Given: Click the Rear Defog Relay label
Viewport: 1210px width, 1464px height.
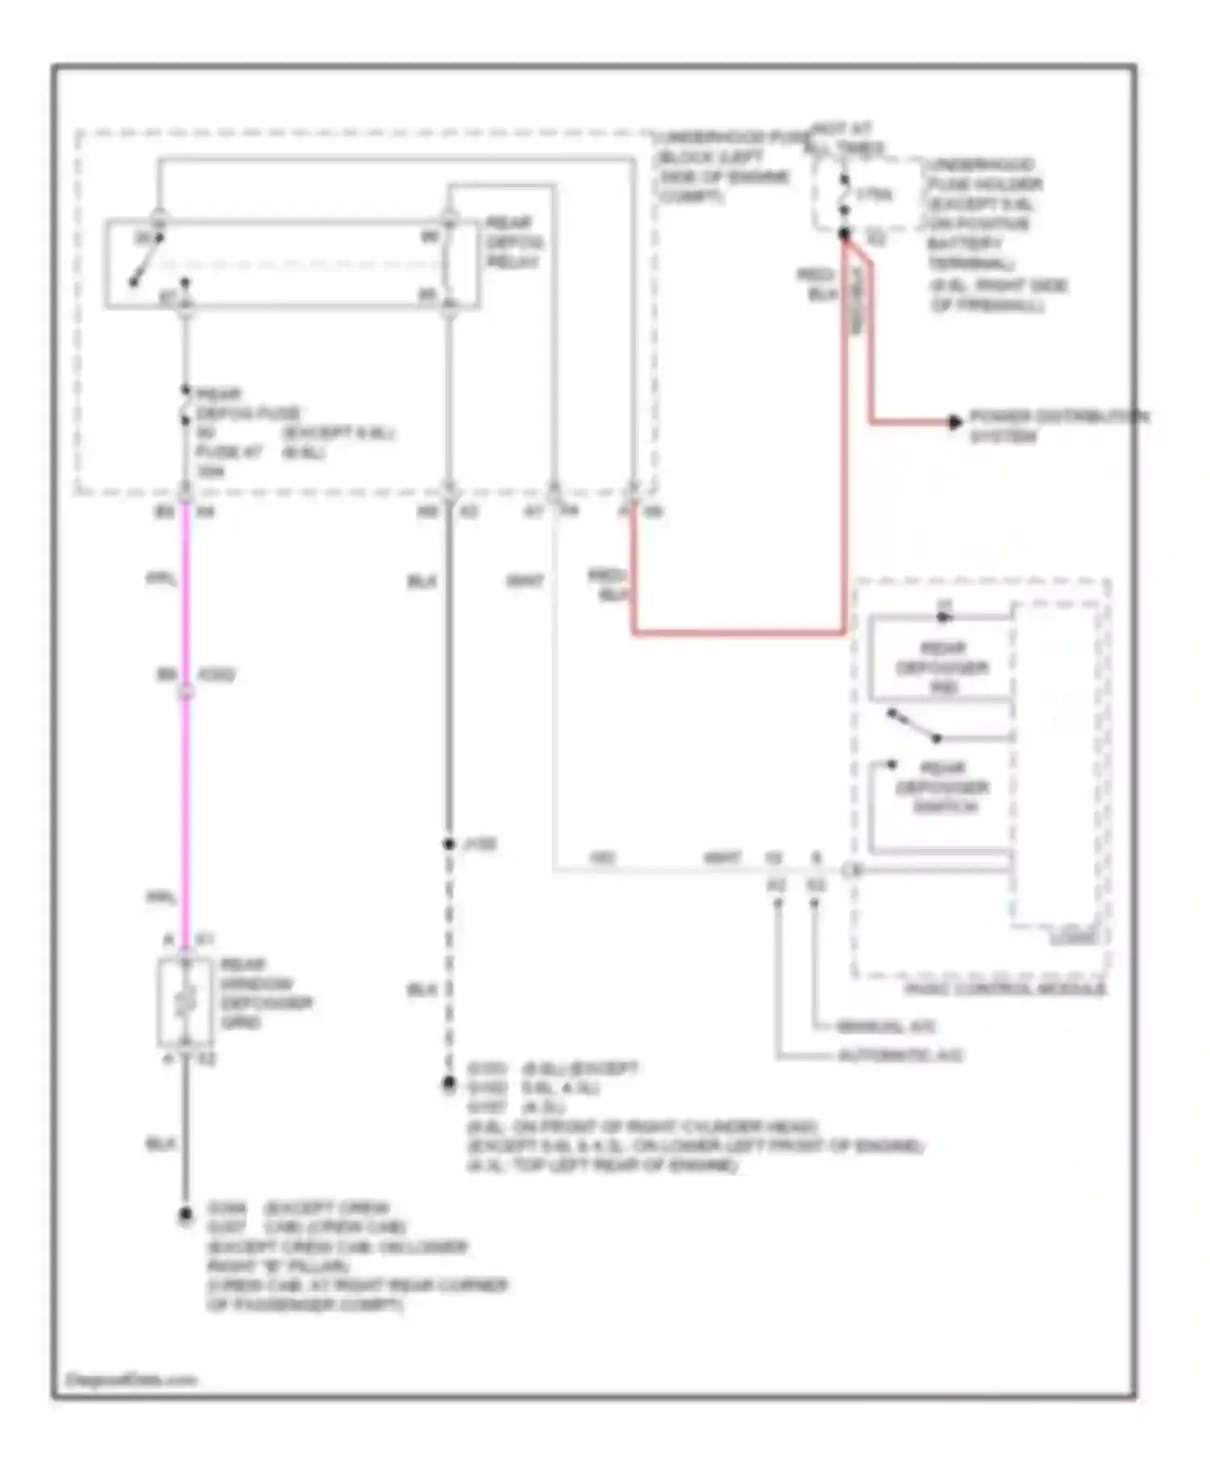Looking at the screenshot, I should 513,242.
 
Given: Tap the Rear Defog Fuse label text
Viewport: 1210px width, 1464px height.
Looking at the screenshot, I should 246,404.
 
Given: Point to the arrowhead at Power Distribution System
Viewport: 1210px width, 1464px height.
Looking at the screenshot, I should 955,421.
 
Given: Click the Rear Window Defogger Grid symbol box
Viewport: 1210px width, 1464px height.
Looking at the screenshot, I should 186,1002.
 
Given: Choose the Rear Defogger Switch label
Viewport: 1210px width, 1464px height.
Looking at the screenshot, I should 942,788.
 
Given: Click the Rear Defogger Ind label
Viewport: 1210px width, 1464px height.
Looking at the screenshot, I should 941,667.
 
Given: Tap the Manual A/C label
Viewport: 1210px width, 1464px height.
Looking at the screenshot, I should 885,1027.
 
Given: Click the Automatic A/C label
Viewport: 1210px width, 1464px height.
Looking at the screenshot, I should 899,1056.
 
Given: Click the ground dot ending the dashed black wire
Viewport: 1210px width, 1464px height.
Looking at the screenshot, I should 449,1084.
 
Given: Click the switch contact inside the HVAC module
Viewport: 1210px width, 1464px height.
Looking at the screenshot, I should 913,725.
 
